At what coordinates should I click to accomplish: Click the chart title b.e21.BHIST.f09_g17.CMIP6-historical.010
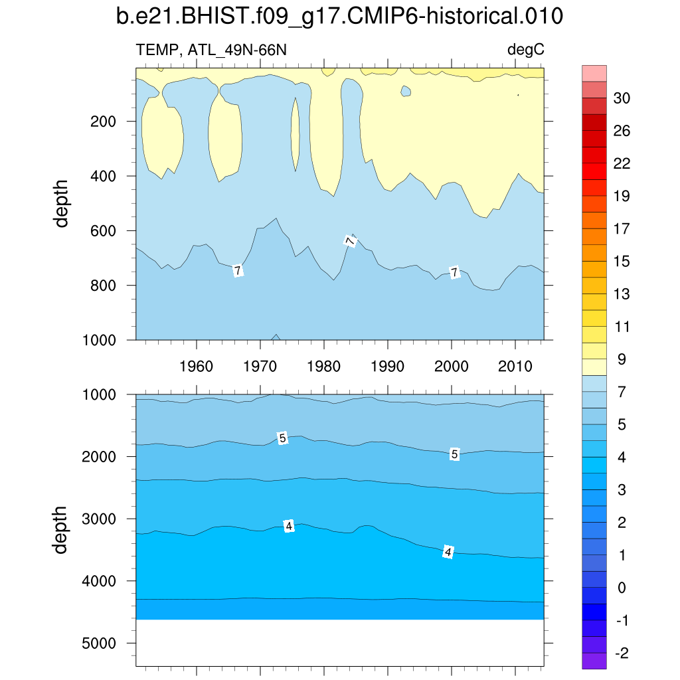point(339,17)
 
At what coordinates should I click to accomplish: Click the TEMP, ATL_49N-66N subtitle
point(211,50)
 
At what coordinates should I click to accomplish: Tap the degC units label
point(526,50)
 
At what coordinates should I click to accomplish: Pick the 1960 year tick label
point(197,366)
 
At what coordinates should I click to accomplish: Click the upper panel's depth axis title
point(62,203)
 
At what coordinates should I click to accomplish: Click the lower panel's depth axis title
point(62,529)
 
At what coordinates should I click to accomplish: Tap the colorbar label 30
point(622,98)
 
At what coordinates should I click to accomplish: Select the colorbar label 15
point(622,262)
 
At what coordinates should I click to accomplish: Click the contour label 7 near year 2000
point(454,272)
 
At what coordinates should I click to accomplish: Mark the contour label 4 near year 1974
point(289,526)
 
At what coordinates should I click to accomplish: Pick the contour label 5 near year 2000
point(454,454)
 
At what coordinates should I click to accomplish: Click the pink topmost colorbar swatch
point(594,73)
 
